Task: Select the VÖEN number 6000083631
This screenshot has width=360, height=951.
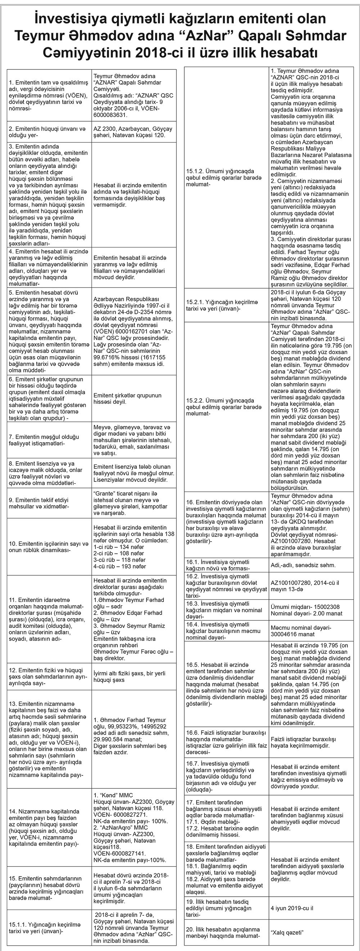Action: [111, 115]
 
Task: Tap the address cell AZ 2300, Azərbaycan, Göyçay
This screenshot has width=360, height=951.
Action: [133, 129]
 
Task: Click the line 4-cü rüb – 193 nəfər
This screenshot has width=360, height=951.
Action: [120, 566]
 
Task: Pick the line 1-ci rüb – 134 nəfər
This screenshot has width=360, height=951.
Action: [119, 547]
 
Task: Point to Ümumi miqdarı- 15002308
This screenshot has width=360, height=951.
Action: [305, 607]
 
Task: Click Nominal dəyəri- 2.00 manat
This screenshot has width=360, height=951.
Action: [306, 613]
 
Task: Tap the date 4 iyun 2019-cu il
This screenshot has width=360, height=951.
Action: [292, 908]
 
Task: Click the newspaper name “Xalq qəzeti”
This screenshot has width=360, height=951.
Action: [287, 932]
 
